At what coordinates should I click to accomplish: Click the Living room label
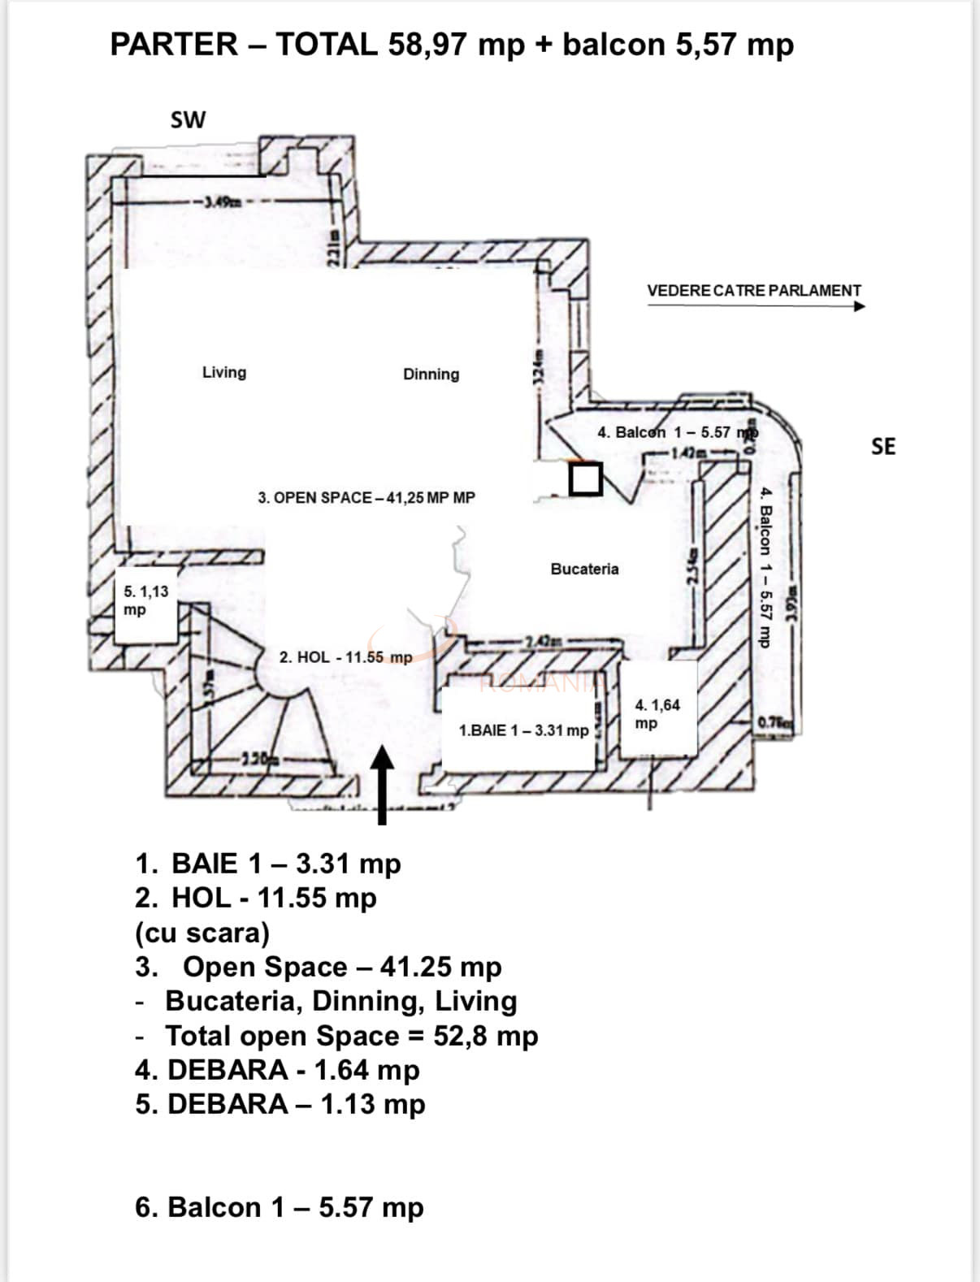(224, 372)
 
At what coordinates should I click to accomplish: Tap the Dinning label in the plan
(431, 374)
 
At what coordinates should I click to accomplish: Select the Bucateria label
(584, 569)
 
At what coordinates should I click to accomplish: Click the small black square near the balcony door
(584, 479)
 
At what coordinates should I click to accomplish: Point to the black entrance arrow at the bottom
(382, 784)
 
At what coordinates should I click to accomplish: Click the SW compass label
(188, 119)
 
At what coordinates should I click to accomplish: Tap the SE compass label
(883, 446)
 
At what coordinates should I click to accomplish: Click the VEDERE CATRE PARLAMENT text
(753, 290)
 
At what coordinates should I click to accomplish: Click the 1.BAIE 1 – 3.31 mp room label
(523, 730)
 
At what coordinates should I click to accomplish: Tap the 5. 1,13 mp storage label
(146, 600)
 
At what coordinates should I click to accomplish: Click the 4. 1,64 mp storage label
(657, 713)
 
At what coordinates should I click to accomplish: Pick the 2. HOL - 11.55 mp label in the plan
(345, 656)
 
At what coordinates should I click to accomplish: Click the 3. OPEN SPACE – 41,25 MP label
(366, 497)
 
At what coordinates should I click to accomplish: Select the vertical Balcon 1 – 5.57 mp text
(764, 567)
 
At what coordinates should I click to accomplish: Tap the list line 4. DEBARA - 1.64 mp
(276, 1069)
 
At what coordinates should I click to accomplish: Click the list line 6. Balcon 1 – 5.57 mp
(279, 1206)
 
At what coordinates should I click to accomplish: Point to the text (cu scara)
(202, 932)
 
